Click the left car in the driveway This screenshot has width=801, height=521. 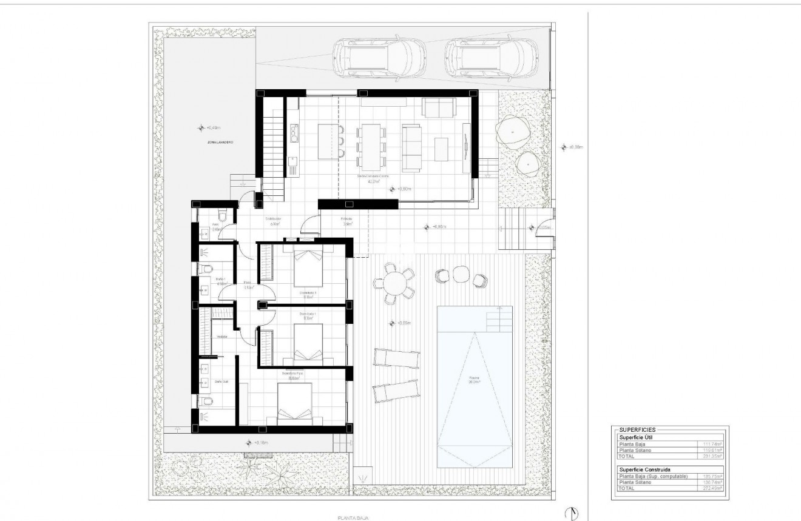click(381, 59)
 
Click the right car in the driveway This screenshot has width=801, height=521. click(489, 59)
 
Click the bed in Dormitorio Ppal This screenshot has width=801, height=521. click(296, 403)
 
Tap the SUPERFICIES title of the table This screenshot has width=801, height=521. click(637, 429)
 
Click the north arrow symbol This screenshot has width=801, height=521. click(571, 513)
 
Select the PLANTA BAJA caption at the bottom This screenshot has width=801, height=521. click(353, 518)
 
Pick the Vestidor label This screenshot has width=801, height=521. click(221, 338)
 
